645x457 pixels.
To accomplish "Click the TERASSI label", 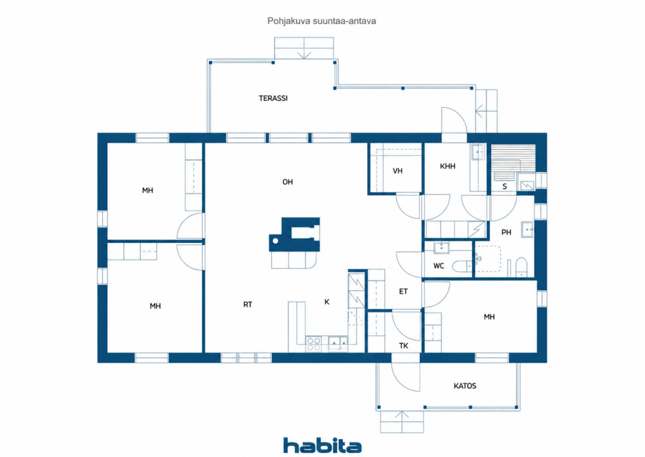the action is tap(273, 98).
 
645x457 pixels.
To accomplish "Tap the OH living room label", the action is tap(287, 182).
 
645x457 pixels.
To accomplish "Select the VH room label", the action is tap(398, 171).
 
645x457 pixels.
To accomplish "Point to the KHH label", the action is tap(447, 166).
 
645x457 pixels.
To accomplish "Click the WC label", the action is tap(438, 266).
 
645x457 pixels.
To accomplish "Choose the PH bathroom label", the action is tap(506, 232).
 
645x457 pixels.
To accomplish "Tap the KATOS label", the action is tap(465, 385).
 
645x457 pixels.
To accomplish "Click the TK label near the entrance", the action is tap(404, 346).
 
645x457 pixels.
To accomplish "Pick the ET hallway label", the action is tap(403, 292).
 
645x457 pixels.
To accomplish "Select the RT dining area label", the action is tap(247, 304).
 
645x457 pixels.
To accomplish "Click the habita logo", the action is tap(322, 445).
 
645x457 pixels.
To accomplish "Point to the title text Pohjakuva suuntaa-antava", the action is tap(321, 21).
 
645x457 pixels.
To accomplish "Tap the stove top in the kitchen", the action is tap(313, 344).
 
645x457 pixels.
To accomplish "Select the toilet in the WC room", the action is tap(462, 266).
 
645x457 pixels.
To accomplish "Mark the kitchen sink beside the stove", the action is tap(338, 344).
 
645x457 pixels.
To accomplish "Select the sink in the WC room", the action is tap(441, 248).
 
